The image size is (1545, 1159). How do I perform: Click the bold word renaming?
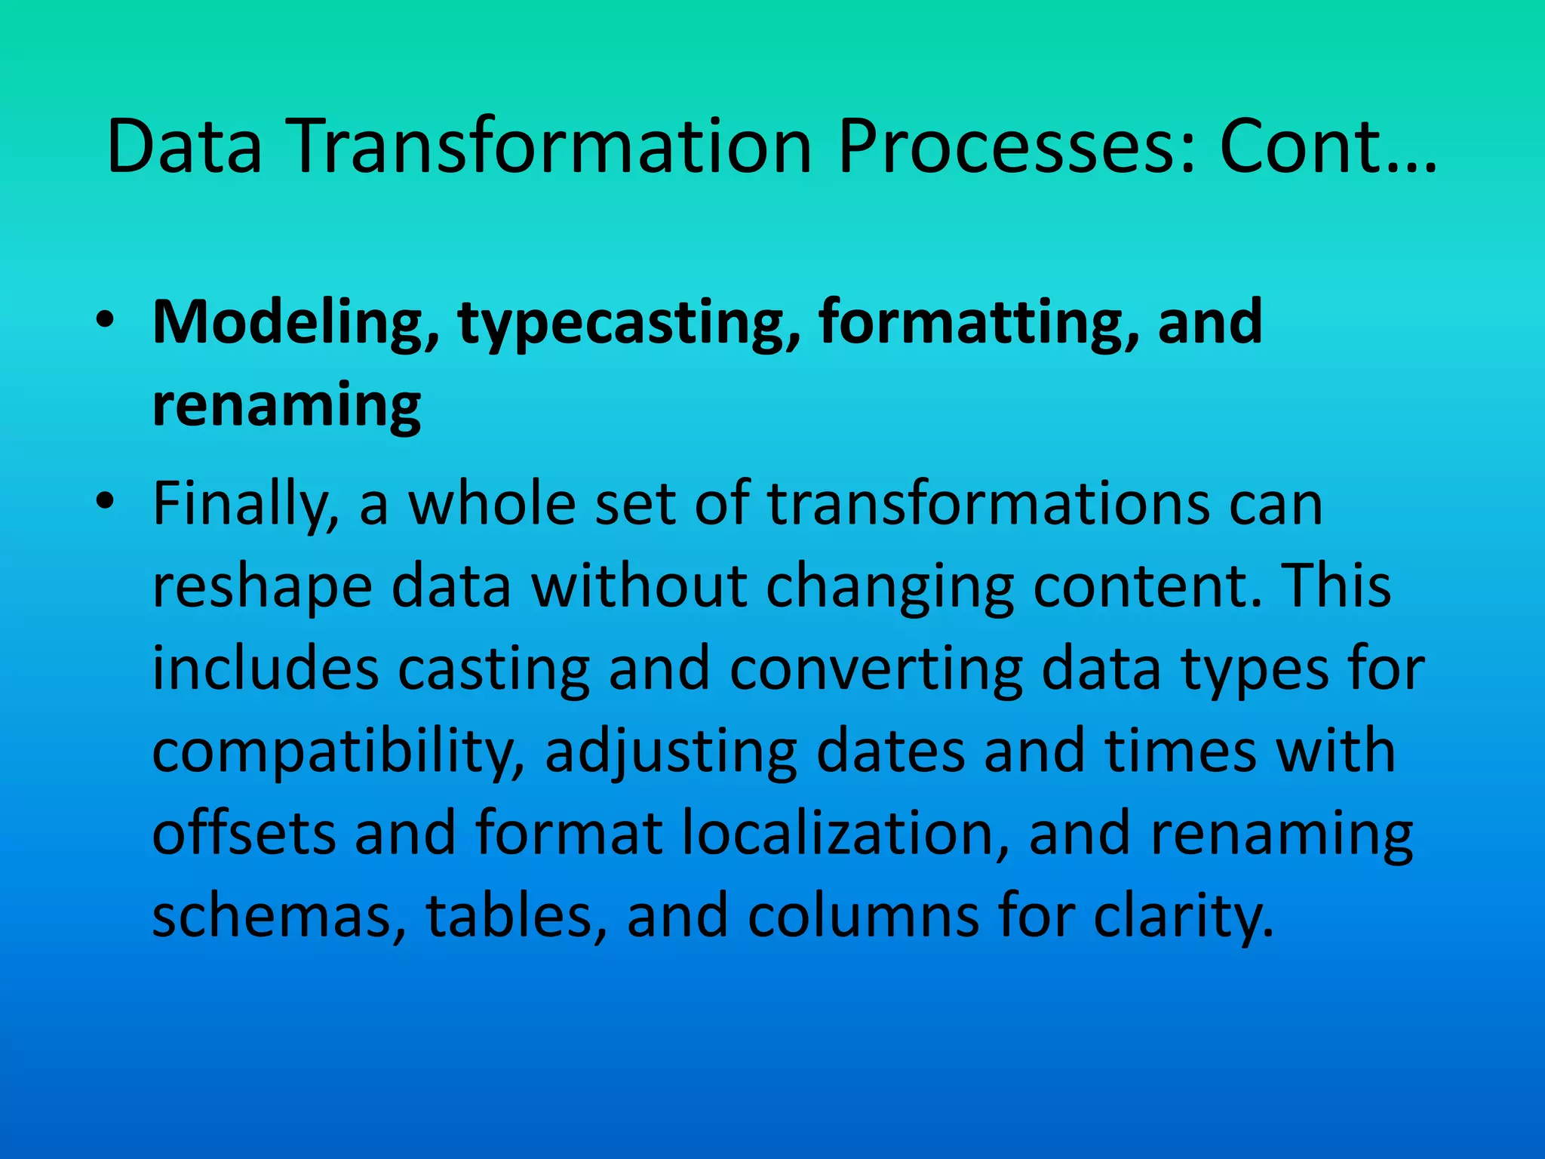coord(287,405)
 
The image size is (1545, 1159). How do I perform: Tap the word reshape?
coord(263,588)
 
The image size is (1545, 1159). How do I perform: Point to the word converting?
coord(876,670)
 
